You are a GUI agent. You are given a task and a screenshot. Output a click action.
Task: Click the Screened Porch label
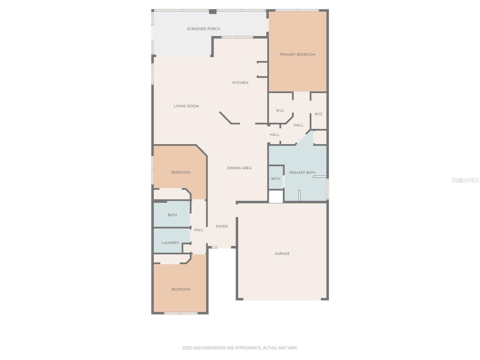pyautogui.click(x=203, y=29)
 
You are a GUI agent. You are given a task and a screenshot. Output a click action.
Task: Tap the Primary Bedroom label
pyautogui.click(x=297, y=55)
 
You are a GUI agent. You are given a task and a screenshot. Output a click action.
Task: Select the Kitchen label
pyautogui.click(x=240, y=82)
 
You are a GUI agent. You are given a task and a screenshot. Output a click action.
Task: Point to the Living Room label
pyautogui.click(x=186, y=106)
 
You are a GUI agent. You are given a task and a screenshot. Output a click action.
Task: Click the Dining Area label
pyautogui.click(x=239, y=168)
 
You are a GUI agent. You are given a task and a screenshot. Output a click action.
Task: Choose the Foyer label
pyautogui.click(x=221, y=226)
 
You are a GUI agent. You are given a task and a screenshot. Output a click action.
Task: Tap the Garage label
pyautogui.click(x=282, y=253)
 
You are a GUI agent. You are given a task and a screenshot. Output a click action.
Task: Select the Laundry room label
pyautogui.click(x=170, y=243)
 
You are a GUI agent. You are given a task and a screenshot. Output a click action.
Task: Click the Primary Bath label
pyautogui.click(x=302, y=173)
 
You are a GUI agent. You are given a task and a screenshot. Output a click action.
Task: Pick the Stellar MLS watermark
pyautogui.click(x=465, y=180)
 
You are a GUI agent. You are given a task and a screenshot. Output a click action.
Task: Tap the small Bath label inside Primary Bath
pyautogui.click(x=276, y=179)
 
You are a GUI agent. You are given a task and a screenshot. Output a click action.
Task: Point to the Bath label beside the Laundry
pyautogui.click(x=172, y=215)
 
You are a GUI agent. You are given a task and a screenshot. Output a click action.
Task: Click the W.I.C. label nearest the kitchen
pyautogui.click(x=280, y=111)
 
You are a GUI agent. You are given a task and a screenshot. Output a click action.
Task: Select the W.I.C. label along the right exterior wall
pyautogui.click(x=319, y=114)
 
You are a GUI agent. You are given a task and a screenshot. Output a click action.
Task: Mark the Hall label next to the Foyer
pyautogui.click(x=199, y=230)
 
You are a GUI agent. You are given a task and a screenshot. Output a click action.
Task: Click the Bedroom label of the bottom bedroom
pyautogui.click(x=181, y=289)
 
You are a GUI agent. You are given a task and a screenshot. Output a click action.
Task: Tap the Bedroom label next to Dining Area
pyautogui.click(x=180, y=172)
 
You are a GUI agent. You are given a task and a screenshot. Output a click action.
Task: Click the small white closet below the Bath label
pyautogui.click(x=276, y=196)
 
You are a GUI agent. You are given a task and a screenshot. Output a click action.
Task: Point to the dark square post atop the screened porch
pyautogui.click(x=213, y=12)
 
